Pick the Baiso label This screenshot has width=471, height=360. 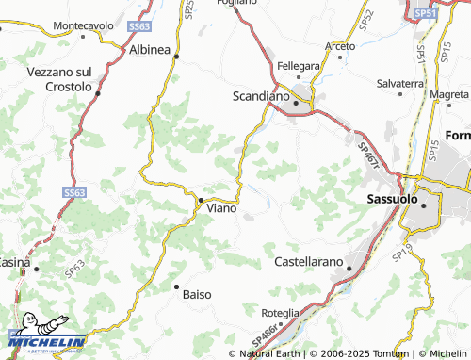tap(196, 294)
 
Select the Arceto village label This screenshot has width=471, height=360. tap(340, 46)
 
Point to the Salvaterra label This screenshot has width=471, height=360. tap(400, 84)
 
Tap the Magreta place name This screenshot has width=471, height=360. tap(448, 94)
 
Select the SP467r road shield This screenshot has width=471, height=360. tap(368, 155)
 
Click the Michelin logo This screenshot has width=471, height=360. tap(47, 335)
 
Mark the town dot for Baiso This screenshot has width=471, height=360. tap(176, 286)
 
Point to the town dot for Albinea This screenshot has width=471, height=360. tap(176, 57)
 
